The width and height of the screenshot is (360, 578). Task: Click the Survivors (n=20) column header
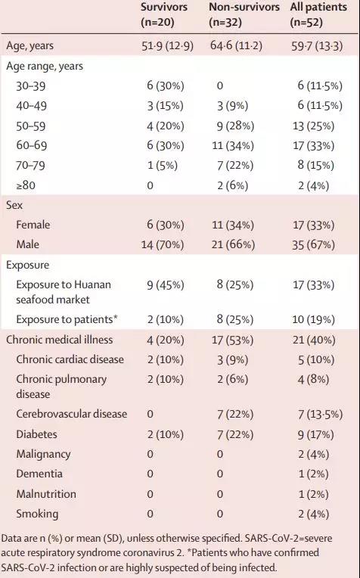[x=164, y=14]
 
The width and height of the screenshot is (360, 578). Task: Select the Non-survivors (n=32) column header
[x=244, y=14]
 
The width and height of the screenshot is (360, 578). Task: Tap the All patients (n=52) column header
[x=318, y=14]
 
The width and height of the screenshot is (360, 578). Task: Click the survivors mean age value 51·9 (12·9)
[x=167, y=46]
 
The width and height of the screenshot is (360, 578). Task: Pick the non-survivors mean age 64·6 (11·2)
[x=236, y=46]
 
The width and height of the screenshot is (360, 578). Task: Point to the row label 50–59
[x=31, y=126]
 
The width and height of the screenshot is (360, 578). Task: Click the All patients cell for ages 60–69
[x=314, y=145]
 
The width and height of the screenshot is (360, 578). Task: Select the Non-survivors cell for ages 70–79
[x=235, y=166]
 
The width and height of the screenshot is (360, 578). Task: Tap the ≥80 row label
[x=26, y=185]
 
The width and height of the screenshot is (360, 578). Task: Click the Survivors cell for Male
[x=163, y=245]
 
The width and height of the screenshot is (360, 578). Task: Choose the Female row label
[x=33, y=225]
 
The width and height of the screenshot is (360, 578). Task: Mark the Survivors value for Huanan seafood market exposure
[x=166, y=285]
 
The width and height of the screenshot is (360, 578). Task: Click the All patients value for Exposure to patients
[x=314, y=319]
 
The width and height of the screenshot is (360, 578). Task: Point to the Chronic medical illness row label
[x=59, y=340]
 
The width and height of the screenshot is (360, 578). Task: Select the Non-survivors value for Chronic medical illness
[x=232, y=340]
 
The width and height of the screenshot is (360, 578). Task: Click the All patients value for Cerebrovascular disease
[x=320, y=415]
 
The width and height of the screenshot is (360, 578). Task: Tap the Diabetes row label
[x=36, y=434]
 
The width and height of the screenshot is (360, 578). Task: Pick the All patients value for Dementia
[x=313, y=474]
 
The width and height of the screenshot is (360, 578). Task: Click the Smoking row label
[x=37, y=514]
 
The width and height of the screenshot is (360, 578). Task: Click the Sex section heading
[x=14, y=205]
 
